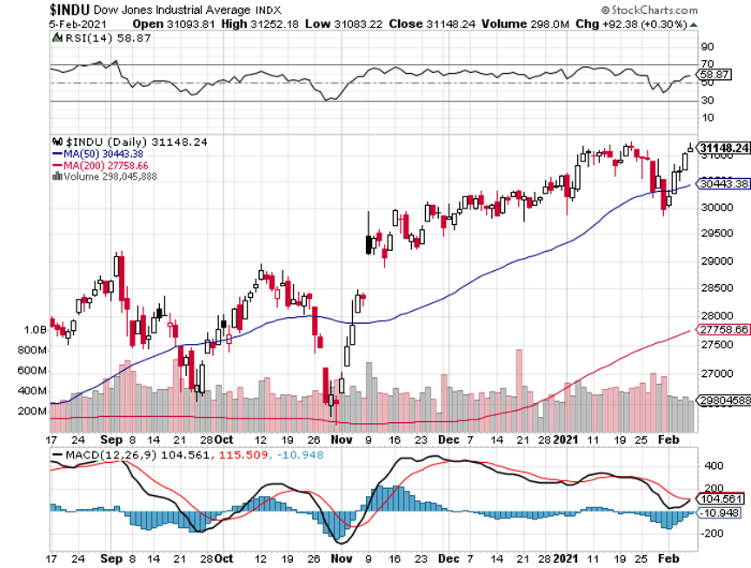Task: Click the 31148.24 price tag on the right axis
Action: click(x=723, y=149)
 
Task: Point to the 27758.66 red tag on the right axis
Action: click(x=723, y=330)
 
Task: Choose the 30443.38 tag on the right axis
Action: click(x=723, y=184)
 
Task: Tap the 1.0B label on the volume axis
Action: click(x=34, y=330)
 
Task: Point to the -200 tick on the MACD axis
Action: click(x=710, y=533)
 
